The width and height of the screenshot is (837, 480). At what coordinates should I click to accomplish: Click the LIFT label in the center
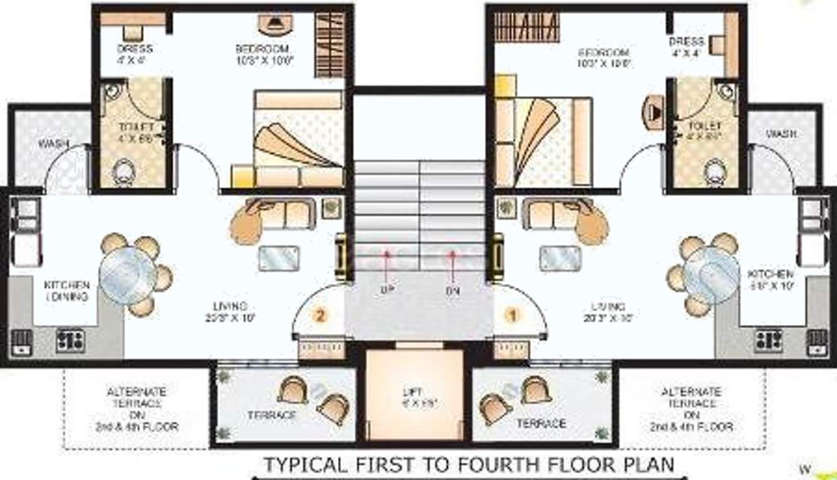coord(408,393)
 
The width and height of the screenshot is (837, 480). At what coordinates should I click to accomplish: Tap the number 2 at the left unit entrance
coord(320,316)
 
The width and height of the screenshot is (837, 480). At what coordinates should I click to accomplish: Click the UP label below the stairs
coord(387,291)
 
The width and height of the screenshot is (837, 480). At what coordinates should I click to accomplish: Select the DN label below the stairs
coord(452,291)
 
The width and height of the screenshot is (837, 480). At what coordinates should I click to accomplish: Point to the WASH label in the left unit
coord(54,144)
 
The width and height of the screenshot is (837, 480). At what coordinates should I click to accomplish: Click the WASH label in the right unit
coord(781,134)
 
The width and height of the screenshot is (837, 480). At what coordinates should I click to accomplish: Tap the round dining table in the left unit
coord(128,274)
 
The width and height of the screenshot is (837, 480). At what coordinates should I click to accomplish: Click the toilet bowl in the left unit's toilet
coord(123,172)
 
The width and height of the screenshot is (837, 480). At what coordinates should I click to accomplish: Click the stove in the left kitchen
coord(70,340)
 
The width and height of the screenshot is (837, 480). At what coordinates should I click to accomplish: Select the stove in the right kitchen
coord(768,340)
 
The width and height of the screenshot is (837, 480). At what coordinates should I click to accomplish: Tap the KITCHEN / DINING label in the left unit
coord(66,291)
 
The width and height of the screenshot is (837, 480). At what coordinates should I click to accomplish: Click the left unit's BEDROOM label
coord(263,49)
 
